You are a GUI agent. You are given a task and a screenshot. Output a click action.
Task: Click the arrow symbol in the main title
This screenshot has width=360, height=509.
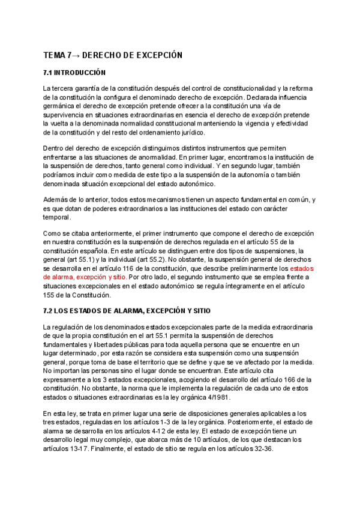pyautogui.click(x=75, y=55)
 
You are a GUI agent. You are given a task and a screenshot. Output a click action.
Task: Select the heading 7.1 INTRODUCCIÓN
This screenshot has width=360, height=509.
pyautogui.click(x=74, y=73)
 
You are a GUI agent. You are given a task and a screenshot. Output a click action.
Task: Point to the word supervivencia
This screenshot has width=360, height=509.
pyautogui.click(x=66, y=115)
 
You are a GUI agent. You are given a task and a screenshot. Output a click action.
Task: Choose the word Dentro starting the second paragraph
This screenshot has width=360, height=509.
pyautogui.click(x=55, y=148)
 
